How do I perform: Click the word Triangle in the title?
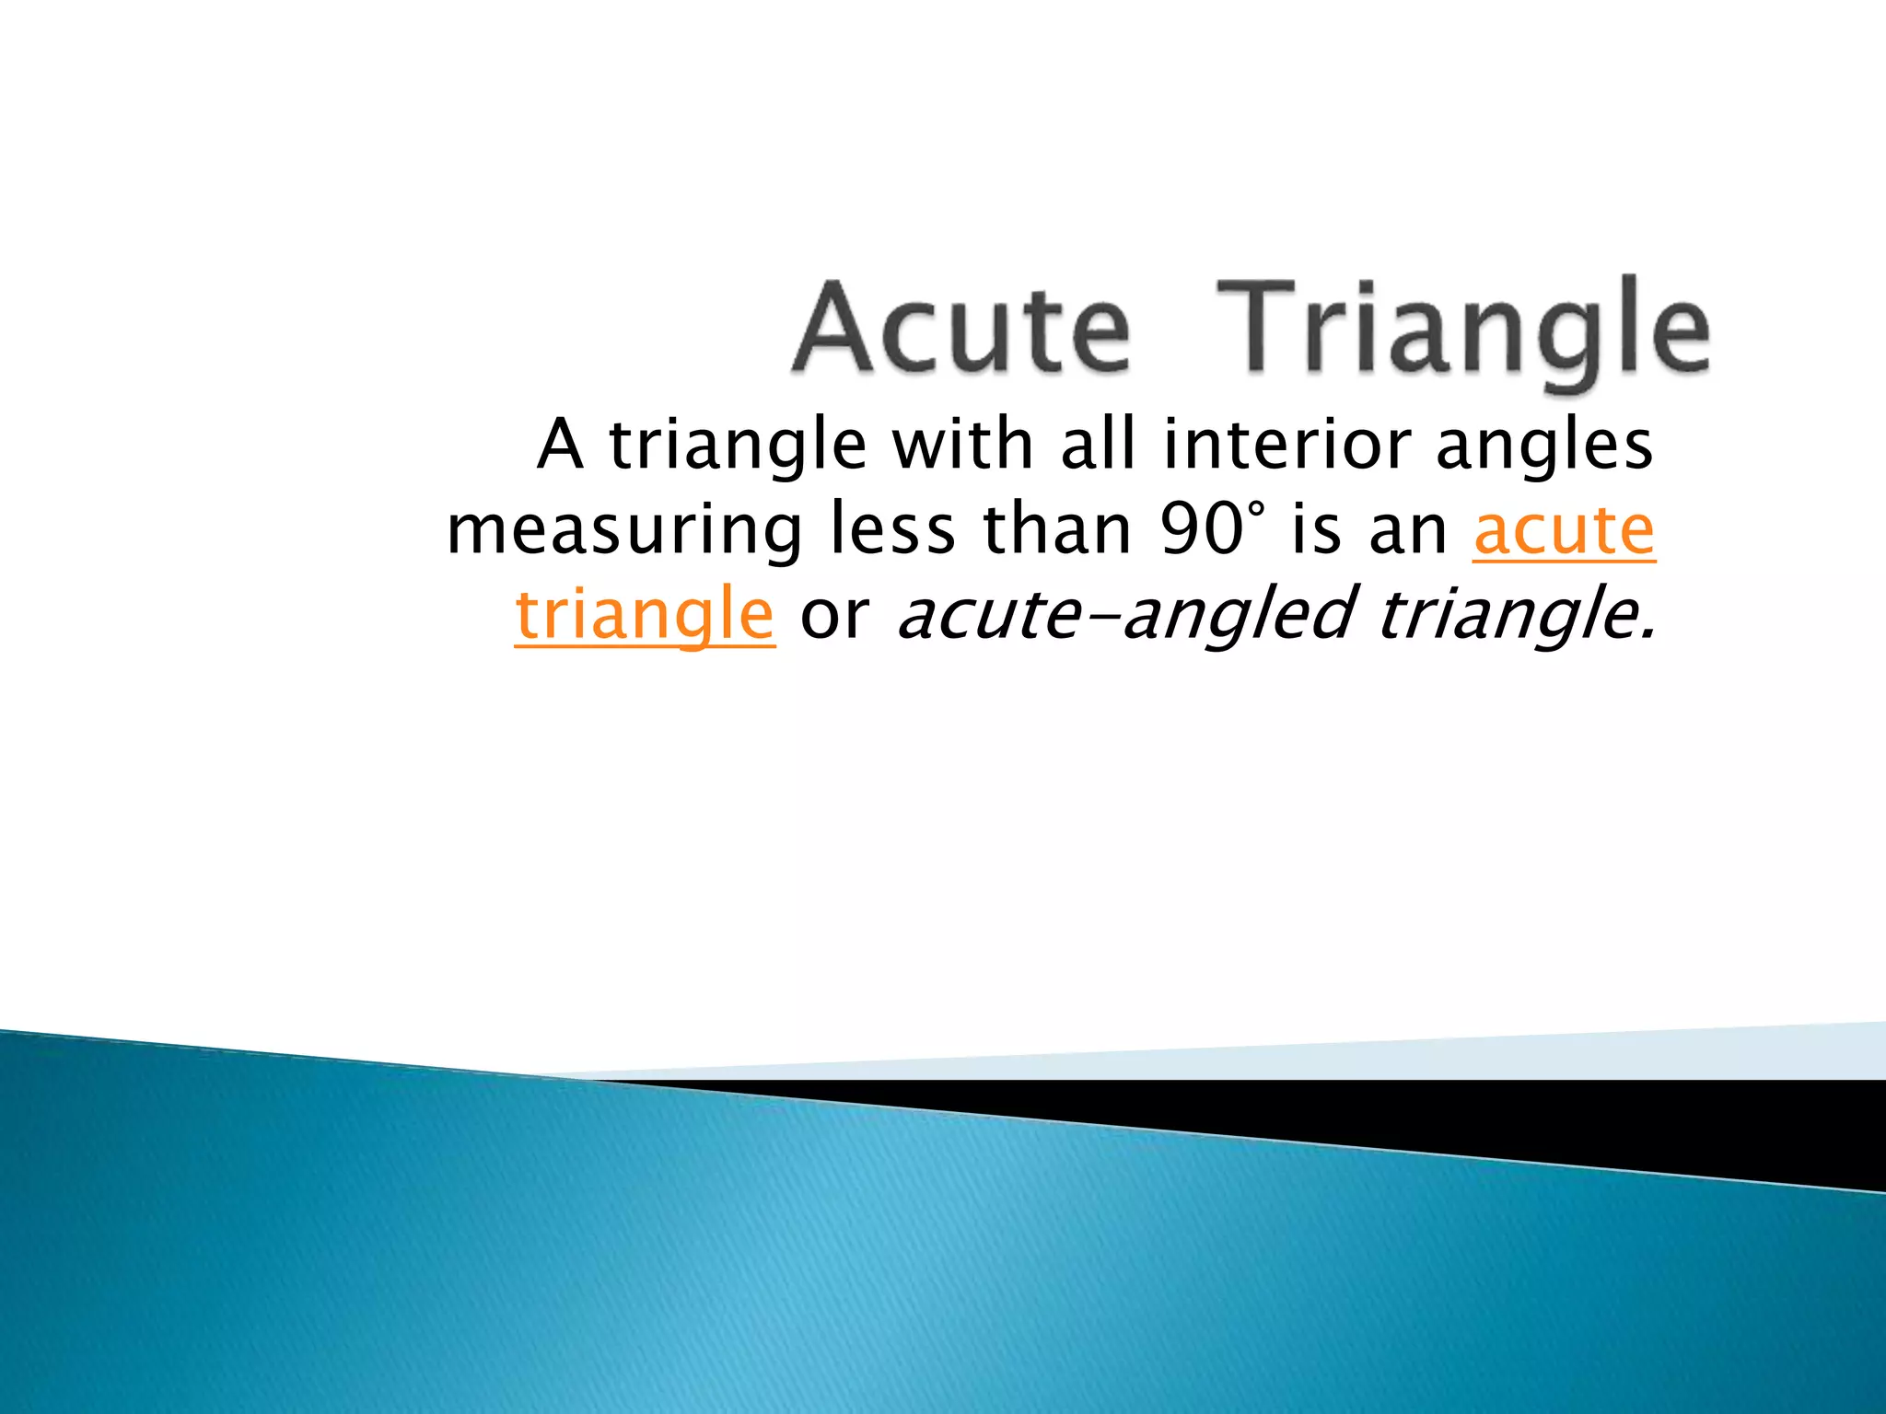click(x=1464, y=331)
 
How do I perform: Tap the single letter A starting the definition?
click(x=560, y=445)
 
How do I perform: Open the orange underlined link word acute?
click(x=1564, y=531)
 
